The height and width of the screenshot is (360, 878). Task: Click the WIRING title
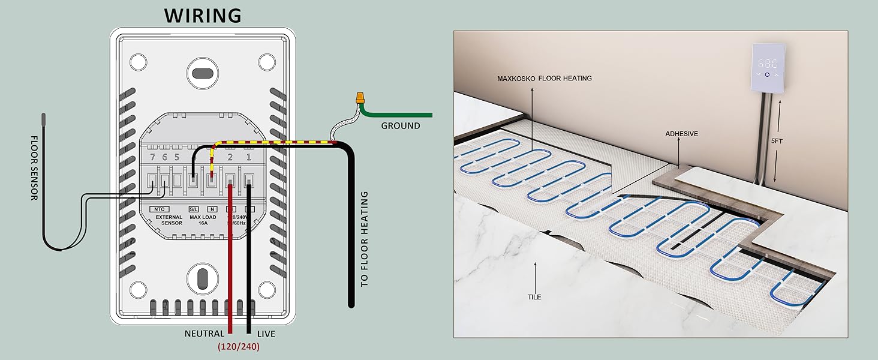203,16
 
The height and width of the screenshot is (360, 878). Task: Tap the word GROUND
401,126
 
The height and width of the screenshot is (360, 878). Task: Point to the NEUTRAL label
205,334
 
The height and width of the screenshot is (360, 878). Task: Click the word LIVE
266,334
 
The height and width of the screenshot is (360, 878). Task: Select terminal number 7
154,157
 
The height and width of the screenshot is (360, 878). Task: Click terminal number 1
249,157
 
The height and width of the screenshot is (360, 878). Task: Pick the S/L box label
194,209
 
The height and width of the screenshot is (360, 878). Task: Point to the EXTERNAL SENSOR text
169,220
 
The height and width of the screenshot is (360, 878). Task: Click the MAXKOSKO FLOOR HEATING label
544,78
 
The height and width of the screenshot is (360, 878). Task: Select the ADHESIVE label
681,134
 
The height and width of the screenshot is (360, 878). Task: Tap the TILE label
534,297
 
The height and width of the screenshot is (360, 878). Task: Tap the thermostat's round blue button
767,74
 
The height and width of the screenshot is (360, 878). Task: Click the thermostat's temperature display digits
768,63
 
